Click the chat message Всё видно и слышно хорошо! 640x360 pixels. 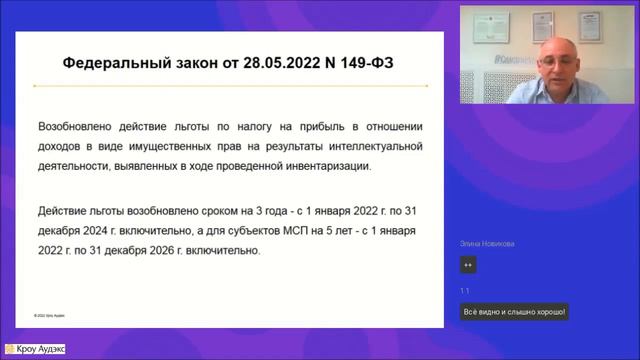point(514,312)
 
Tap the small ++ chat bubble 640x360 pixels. point(467,265)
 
